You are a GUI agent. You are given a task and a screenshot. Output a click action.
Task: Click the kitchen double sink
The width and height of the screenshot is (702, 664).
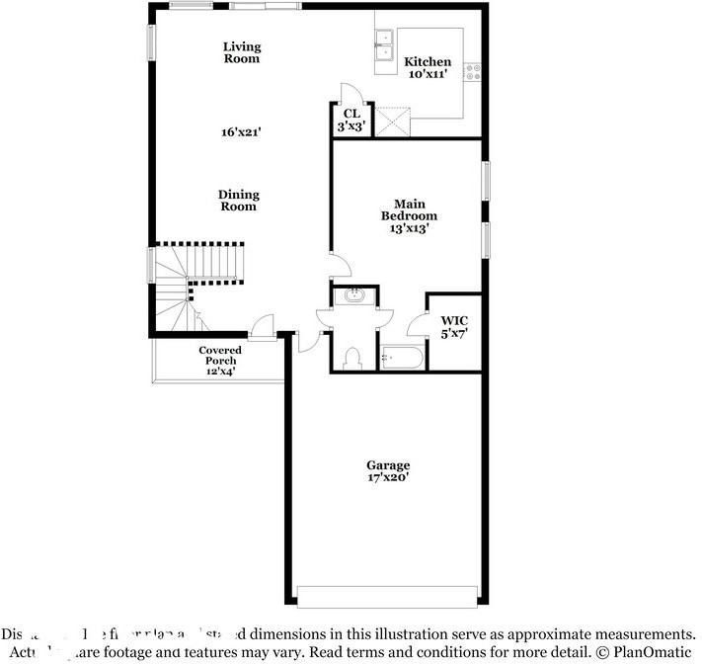tap(384, 45)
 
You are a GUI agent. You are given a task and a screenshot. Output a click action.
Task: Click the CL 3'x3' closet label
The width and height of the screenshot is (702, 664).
tap(351, 120)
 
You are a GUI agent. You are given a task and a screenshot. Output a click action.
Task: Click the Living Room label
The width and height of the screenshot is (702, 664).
tap(241, 52)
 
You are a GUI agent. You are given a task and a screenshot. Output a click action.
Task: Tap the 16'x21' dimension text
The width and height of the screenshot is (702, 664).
tap(240, 130)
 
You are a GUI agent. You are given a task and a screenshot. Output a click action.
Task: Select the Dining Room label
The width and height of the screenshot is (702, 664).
tap(238, 201)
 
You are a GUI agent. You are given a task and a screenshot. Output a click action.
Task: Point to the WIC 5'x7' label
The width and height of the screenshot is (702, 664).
tap(454, 327)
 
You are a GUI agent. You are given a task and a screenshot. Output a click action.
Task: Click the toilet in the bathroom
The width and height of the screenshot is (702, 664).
tap(352, 358)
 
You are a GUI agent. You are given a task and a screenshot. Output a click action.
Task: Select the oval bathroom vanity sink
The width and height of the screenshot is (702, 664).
tap(352, 294)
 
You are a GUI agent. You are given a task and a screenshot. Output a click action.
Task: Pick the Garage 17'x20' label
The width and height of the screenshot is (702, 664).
tap(388, 471)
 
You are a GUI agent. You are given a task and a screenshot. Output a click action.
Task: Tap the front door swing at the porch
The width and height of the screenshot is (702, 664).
tap(263, 324)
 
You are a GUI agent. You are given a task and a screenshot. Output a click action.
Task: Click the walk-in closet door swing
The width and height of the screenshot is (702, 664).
tap(418, 324)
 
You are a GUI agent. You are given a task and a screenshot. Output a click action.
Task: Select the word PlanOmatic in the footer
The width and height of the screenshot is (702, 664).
tap(652, 652)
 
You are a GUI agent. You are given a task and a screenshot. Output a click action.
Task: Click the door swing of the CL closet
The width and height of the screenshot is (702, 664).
tap(351, 93)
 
